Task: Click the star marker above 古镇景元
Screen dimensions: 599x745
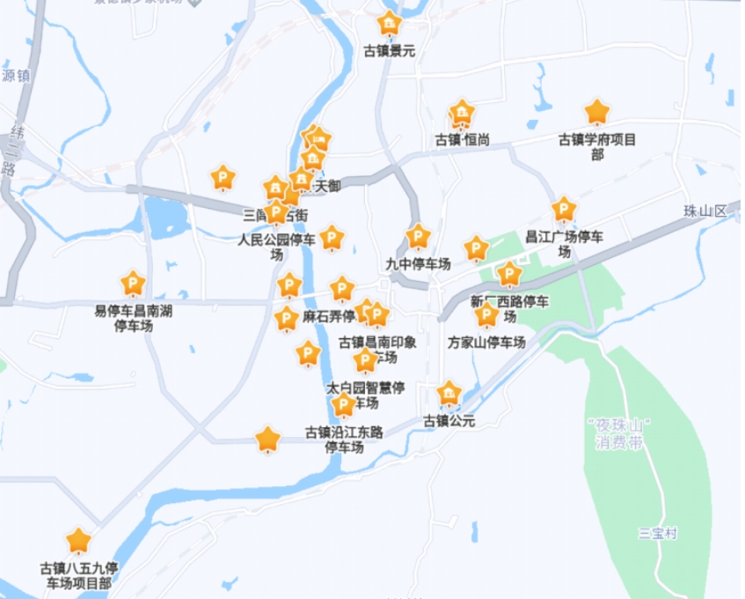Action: point(389,24)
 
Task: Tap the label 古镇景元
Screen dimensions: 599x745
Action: point(389,51)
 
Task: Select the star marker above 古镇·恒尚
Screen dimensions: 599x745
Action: point(462,114)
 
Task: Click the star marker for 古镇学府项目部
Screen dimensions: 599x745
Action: point(597,112)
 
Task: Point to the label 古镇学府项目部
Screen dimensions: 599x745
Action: point(597,146)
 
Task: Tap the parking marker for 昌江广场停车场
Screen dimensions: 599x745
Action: point(564,210)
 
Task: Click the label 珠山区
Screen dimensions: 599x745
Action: point(705,211)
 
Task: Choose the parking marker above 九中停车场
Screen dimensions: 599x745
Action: point(419,236)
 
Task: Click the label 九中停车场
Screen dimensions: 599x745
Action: point(419,263)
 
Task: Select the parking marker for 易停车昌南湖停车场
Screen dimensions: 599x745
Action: point(133,284)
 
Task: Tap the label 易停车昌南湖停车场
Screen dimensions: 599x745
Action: point(133,318)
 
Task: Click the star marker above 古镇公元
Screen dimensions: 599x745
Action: point(449,393)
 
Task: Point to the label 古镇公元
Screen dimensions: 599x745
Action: point(449,421)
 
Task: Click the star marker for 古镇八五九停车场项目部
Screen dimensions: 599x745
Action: point(79,540)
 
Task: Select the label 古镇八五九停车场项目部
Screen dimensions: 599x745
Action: point(79,575)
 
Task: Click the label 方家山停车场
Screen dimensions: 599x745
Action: point(486,342)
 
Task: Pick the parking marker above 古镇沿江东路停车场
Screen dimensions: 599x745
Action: point(344,405)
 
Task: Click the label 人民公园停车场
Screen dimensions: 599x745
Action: point(278,247)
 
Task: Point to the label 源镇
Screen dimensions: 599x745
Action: point(16,77)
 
